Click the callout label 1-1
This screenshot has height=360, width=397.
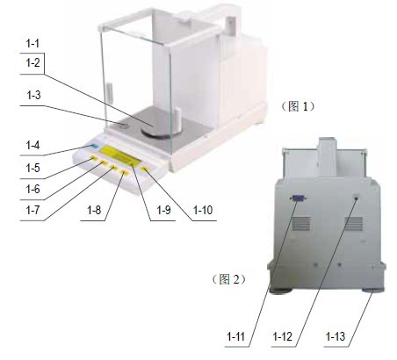coord(32,44)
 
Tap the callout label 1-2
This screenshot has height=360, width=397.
coord(32,62)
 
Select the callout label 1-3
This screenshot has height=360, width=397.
coord(33,95)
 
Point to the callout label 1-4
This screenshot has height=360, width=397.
coord(32,145)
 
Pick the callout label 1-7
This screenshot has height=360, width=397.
coord(32,210)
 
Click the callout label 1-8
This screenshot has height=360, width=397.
coord(94,210)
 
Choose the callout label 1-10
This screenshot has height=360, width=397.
coord(203,210)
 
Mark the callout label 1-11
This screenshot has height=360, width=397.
coord(236,336)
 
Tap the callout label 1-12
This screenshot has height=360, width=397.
coord(283,336)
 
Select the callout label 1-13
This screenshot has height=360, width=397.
coord(336,336)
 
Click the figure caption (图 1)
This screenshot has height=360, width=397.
coord(298,106)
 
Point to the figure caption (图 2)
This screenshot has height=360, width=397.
coord(228,279)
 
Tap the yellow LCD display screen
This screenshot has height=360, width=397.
coord(119,155)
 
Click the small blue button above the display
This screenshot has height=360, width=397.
coord(95,146)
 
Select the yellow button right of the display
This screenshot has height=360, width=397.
coord(145,169)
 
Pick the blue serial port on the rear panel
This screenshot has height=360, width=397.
coord(298,198)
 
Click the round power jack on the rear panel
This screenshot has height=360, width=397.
coord(357,198)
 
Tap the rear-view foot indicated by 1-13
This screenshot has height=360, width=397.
coord(373,290)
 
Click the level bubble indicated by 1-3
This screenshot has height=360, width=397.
coord(124,126)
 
